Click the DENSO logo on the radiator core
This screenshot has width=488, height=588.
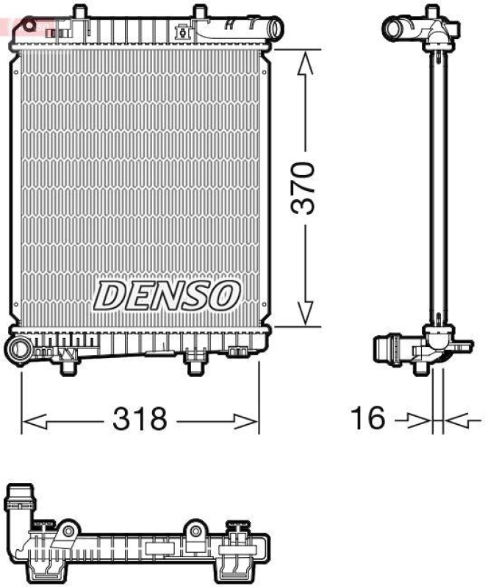pyautogui.click(x=167, y=295)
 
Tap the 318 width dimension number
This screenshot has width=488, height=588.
pyautogui.click(x=140, y=420)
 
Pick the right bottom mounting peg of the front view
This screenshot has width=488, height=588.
pyautogui.click(x=195, y=362)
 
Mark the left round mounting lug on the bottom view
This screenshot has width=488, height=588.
pyautogui.click(x=68, y=531)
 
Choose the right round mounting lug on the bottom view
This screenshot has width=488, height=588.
pyautogui.click(x=195, y=531)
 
